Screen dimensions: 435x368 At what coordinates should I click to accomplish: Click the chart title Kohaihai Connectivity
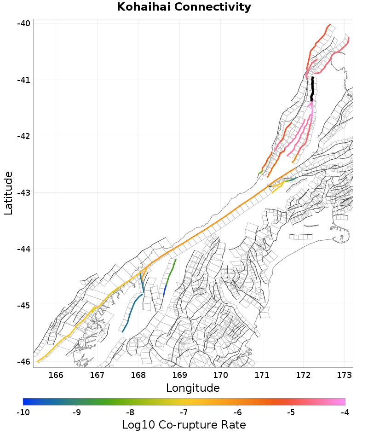184,7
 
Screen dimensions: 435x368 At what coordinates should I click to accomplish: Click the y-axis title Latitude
8,193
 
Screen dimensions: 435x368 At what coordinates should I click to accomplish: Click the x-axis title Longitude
193,388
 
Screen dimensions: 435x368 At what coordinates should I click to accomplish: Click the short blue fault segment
165,290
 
